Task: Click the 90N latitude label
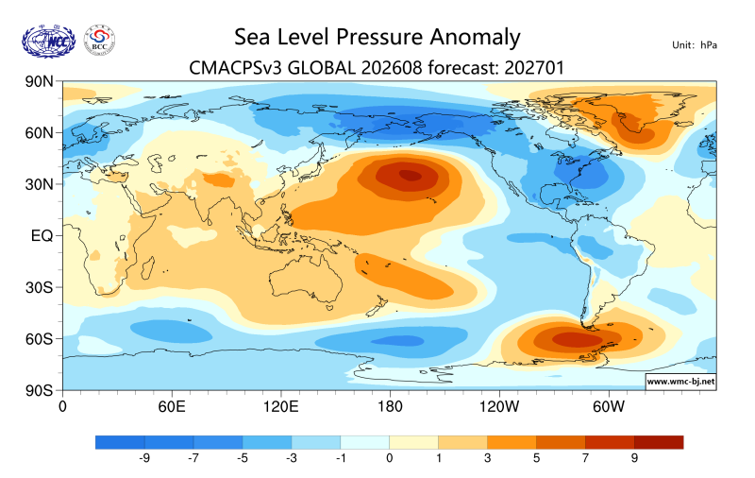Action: (39, 81)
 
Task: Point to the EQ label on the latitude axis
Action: (42, 235)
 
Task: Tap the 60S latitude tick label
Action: (39, 339)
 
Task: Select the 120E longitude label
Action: (280, 407)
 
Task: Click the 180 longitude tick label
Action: (390, 407)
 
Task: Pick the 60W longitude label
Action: (609, 407)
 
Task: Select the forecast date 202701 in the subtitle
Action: (534, 68)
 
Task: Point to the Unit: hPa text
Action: (695, 45)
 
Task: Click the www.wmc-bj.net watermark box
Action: (680, 382)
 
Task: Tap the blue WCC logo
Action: (49, 42)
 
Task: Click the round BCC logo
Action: (99, 40)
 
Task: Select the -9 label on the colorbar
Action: (144, 458)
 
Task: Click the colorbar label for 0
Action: (389, 458)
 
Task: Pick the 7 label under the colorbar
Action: (585, 458)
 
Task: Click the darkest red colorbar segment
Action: (659, 442)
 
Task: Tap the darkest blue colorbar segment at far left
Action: (120, 442)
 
